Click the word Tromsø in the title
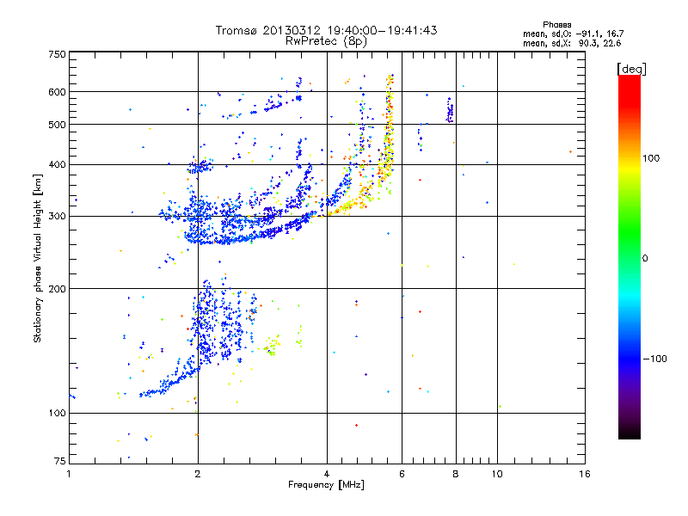pyautogui.click(x=235, y=30)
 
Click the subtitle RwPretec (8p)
pyautogui.click(x=326, y=40)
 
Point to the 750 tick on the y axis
pyautogui.click(x=58, y=54)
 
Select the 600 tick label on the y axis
pyautogui.click(x=58, y=92)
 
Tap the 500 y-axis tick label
pyautogui.click(x=58, y=125)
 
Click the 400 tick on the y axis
pyautogui.click(x=58, y=164)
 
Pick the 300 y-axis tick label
pyautogui.click(x=58, y=217)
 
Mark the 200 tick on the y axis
pyautogui.click(x=58, y=289)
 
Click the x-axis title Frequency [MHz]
pyautogui.click(x=327, y=486)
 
